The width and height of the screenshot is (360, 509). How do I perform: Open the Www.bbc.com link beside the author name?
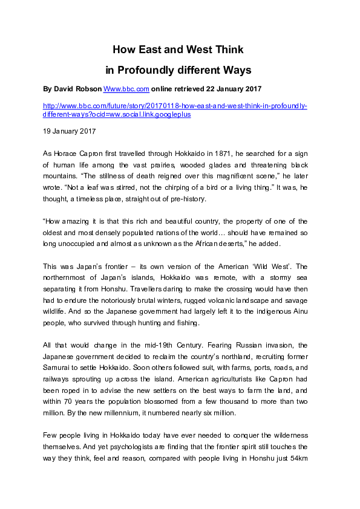coord(126,89)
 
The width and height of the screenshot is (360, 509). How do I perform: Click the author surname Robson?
coord(90,89)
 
